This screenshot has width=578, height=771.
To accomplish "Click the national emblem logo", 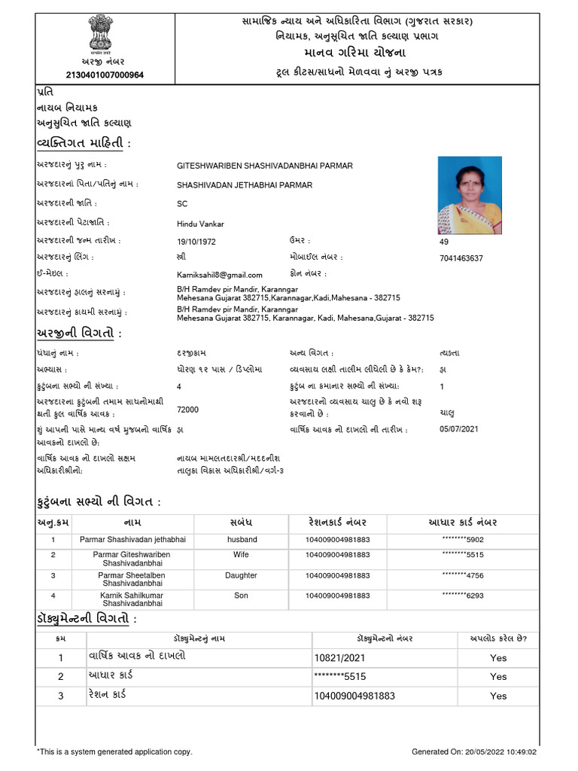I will click(x=97, y=33).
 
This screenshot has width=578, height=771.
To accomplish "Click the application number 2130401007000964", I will click(x=105, y=75).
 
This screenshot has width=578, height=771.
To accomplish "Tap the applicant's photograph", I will click(x=470, y=195).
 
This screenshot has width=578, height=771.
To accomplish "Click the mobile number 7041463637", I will click(x=461, y=258).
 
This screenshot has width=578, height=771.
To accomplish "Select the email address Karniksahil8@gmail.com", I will click(x=214, y=276).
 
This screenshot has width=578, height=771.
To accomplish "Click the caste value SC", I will click(x=182, y=204).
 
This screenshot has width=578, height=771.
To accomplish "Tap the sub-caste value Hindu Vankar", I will click(x=200, y=224).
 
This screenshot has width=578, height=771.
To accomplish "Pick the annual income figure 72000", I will click(x=187, y=410).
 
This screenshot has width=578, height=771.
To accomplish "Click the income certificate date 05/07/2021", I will click(x=459, y=429).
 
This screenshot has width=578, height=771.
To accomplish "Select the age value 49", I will click(x=443, y=242).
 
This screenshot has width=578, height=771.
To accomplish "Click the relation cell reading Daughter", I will click(x=242, y=575).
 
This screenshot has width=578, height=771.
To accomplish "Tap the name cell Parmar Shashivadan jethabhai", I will click(x=132, y=540).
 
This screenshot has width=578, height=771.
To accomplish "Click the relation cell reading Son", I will click(x=242, y=596).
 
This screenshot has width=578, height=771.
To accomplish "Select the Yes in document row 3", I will click(x=498, y=696).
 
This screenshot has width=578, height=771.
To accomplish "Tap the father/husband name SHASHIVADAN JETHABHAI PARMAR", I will click(x=245, y=184).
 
